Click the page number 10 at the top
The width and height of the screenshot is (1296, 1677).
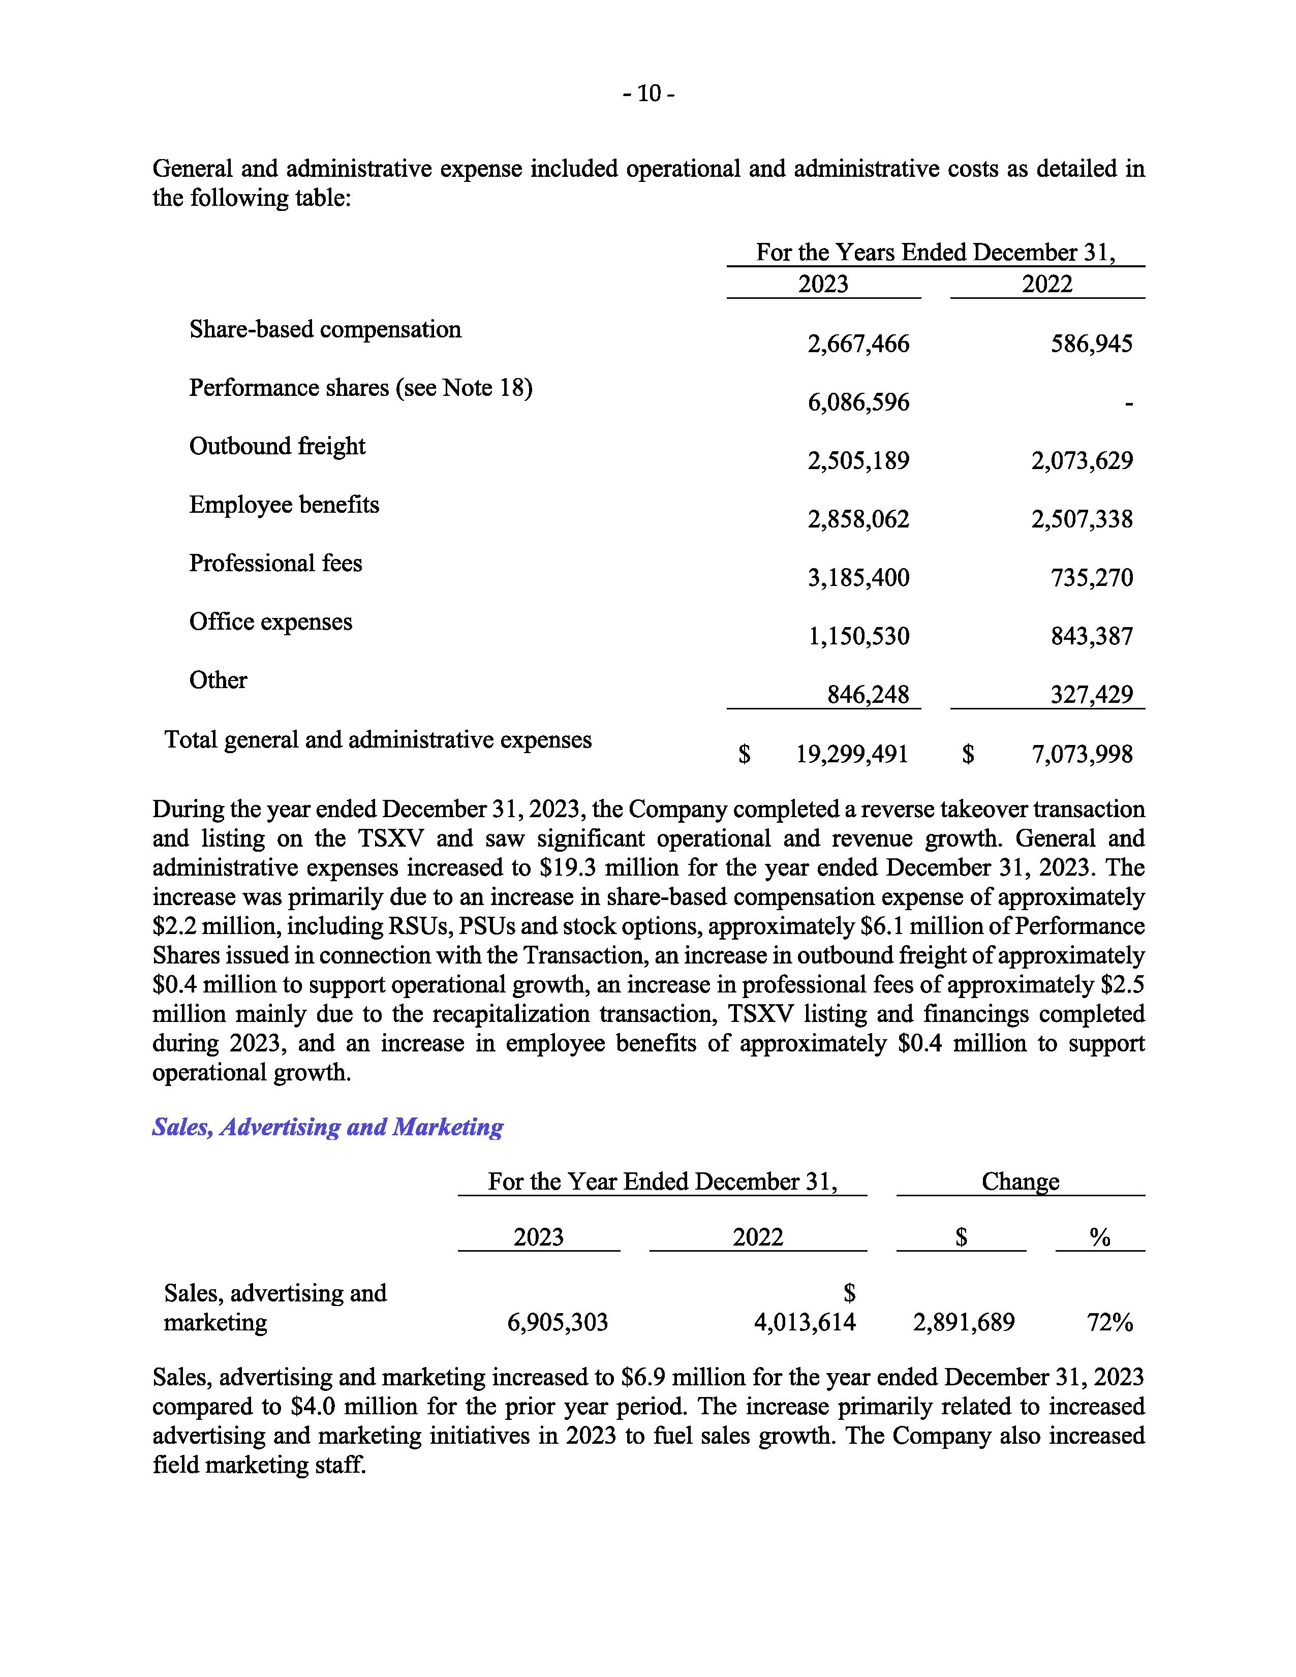click(649, 94)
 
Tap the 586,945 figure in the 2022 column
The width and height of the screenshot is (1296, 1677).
click(1091, 343)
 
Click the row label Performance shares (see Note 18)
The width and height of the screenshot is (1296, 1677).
click(360, 388)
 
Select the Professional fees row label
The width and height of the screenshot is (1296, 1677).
click(275, 563)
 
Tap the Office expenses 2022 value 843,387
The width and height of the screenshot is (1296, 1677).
click(1091, 636)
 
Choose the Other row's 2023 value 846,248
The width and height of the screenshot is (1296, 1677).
click(868, 694)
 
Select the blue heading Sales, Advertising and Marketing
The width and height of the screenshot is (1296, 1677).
click(327, 1127)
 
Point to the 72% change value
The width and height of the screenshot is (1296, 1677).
click(1109, 1322)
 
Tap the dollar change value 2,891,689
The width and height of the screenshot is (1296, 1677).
click(964, 1322)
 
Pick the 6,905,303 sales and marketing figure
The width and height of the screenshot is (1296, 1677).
click(558, 1322)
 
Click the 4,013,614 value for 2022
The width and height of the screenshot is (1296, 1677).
click(804, 1322)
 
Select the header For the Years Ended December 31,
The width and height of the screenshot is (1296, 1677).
click(935, 252)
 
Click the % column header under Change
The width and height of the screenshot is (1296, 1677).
click(1099, 1237)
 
